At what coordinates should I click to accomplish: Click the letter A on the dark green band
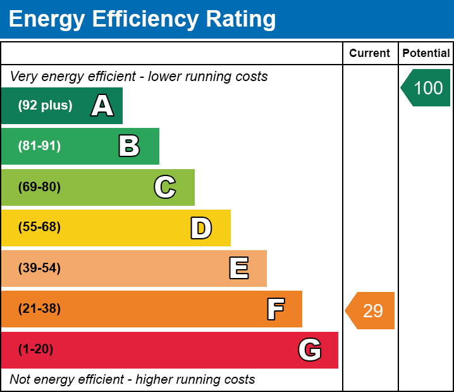pyautogui.click(x=102, y=106)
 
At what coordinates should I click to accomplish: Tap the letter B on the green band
pyautogui.click(x=129, y=146)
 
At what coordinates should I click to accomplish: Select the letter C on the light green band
pyautogui.click(x=165, y=187)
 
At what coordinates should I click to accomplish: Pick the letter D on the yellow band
pyautogui.click(x=201, y=228)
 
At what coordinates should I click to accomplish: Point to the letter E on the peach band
pyautogui.click(x=238, y=269)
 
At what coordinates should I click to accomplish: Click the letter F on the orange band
pyautogui.click(x=275, y=309)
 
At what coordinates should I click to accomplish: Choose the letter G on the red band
pyautogui.click(x=310, y=350)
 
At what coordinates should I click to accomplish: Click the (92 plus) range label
pyautogui.click(x=45, y=106)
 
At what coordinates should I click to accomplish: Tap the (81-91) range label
pyautogui.click(x=39, y=146)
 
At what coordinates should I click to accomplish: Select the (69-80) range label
pyautogui.click(x=39, y=187)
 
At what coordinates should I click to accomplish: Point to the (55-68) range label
pyautogui.click(x=39, y=227)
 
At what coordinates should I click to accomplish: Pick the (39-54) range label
pyautogui.click(x=39, y=268)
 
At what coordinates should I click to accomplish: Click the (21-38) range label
pyautogui.click(x=39, y=309)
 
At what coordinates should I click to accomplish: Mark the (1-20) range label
pyautogui.click(x=36, y=350)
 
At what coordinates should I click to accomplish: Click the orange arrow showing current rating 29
pyautogui.click(x=371, y=311)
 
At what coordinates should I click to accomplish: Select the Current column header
pyautogui.click(x=370, y=54)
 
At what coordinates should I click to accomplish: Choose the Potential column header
pyautogui.click(x=426, y=54)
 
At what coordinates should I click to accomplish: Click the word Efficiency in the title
pyautogui.click(x=135, y=19)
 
